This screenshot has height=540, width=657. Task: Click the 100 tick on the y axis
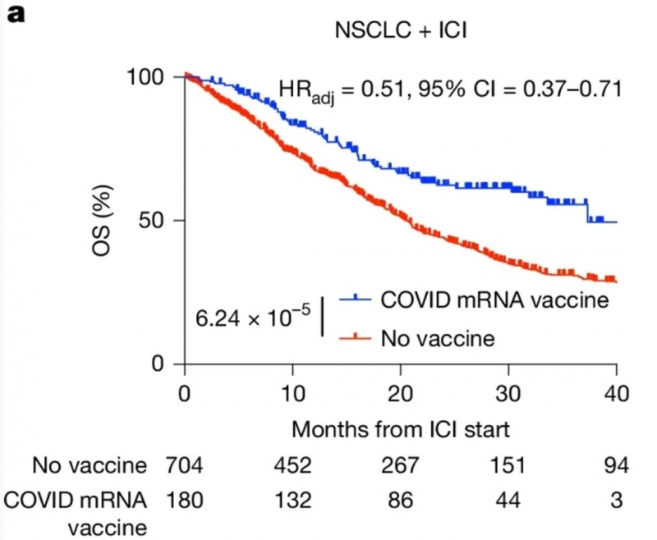pos(149,76)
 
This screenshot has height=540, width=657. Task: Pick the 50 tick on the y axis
pos(158,220)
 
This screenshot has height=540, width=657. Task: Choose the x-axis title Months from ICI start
pos(402,428)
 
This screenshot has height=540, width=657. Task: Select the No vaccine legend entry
pos(437,337)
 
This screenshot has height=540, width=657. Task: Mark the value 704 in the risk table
pos(186,466)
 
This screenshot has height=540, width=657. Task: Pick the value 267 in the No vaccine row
pos(402,466)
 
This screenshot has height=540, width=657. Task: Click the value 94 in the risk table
pos(616,466)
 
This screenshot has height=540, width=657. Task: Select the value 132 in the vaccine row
pos(293,498)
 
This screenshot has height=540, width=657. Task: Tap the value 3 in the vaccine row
pos(616,498)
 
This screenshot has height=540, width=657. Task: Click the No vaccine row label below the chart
pos(90,466)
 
